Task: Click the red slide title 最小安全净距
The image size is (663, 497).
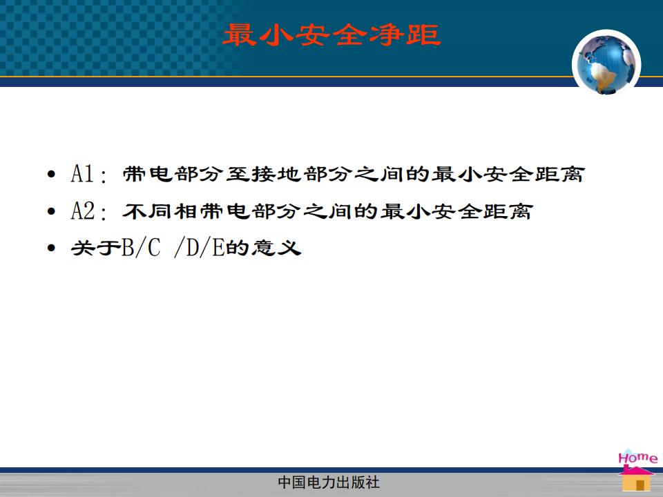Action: click(x=332, y=35)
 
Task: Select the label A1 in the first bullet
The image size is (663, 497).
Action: click(x=82, y=174)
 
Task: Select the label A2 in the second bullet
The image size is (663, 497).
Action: click(x=83, y=211)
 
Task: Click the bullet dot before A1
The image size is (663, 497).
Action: click(x=52, y=174)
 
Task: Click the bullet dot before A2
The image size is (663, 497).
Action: click(x=52, y=211)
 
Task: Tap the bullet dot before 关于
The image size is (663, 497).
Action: click(x=52, y=248)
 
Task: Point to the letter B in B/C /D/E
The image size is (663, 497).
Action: click(x=127, y=248)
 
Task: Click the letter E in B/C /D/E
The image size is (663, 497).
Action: click(x=218, y=248)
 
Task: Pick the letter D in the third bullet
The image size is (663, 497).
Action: click(x=193, y=248)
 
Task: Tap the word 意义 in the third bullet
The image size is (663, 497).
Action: click(x=276, y=248)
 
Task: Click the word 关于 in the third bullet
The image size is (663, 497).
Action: click(x=96, y=248)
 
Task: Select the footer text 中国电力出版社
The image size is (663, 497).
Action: click(x=329, y=483)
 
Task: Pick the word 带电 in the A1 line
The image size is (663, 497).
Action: click(x=148, y=174)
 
